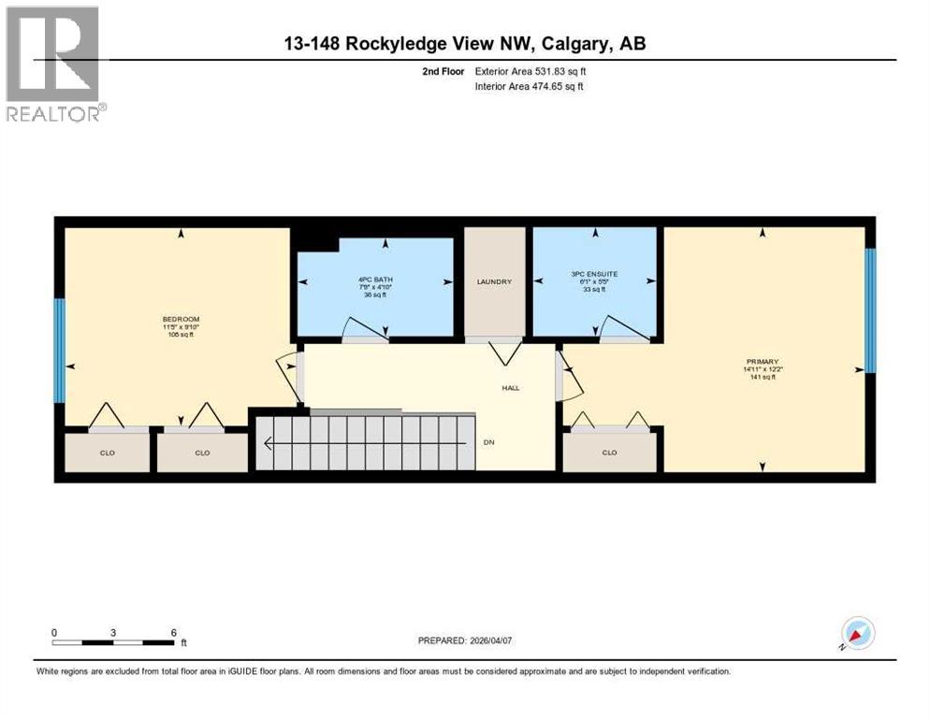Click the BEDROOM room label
(181, 320)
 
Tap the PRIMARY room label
(763, 361)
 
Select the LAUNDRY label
(494, 282)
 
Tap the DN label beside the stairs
(488, 442)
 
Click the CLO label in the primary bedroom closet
(609, 452)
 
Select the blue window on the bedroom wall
(59, 351)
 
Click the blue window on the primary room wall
(869, 309)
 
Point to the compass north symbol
(857, 633)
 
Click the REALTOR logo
(53, 65)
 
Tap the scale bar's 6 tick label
(174, 632)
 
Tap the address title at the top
(464, 43)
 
